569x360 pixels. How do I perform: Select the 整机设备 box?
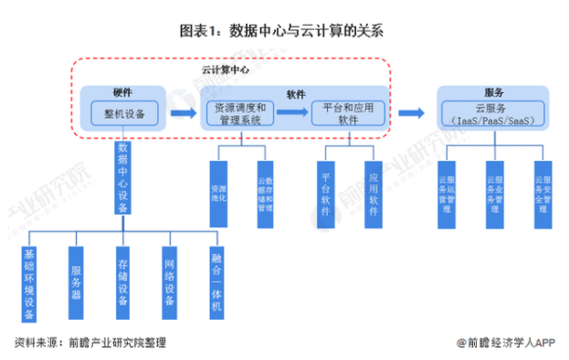(124, 113)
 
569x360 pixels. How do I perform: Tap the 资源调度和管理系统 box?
(237, 113)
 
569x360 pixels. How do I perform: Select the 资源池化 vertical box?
(218, 193)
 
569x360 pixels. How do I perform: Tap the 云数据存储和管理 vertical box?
(265, 193)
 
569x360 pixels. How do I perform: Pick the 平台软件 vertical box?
(326, 193)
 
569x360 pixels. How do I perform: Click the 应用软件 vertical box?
(373, 193)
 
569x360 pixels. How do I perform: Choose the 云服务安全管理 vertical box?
(543, 193)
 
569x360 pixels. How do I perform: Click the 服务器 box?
(76, 283)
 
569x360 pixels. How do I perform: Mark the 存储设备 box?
(122, 283)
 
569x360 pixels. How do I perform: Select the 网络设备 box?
(170, 283)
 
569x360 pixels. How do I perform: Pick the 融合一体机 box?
(216, 283)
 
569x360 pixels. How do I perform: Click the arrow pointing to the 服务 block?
(412, 113)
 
